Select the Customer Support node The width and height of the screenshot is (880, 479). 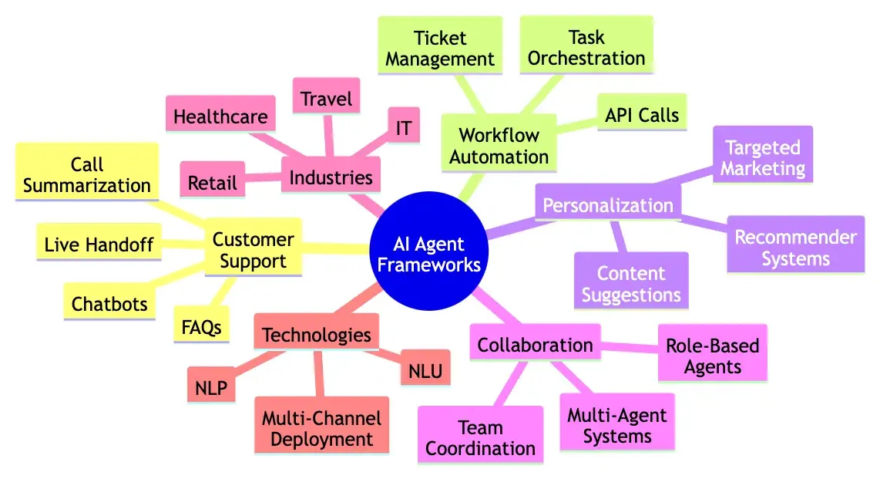(x=253, y=251)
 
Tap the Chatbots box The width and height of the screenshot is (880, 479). (x=109, y=304)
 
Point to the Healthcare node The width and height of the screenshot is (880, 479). (x=220, y=117)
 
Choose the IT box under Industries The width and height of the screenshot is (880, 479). (x=403, y=128)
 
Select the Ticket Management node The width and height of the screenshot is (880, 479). (x=440, y=49)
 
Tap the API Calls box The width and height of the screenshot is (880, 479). (x=641, y=116)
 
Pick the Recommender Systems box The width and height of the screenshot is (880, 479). (x=795, y=248)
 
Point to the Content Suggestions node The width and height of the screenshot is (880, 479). (x=631, y=284)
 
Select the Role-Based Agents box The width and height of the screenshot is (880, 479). (x=713, y=356)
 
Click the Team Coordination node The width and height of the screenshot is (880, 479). (x=480, y=438)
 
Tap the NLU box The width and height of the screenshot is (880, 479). (x=425, y=373)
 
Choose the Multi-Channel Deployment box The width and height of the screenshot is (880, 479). (x=321, y=430)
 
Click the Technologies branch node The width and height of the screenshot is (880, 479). (x=317, y=336)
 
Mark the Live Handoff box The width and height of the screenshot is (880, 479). (x=99, y=245)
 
